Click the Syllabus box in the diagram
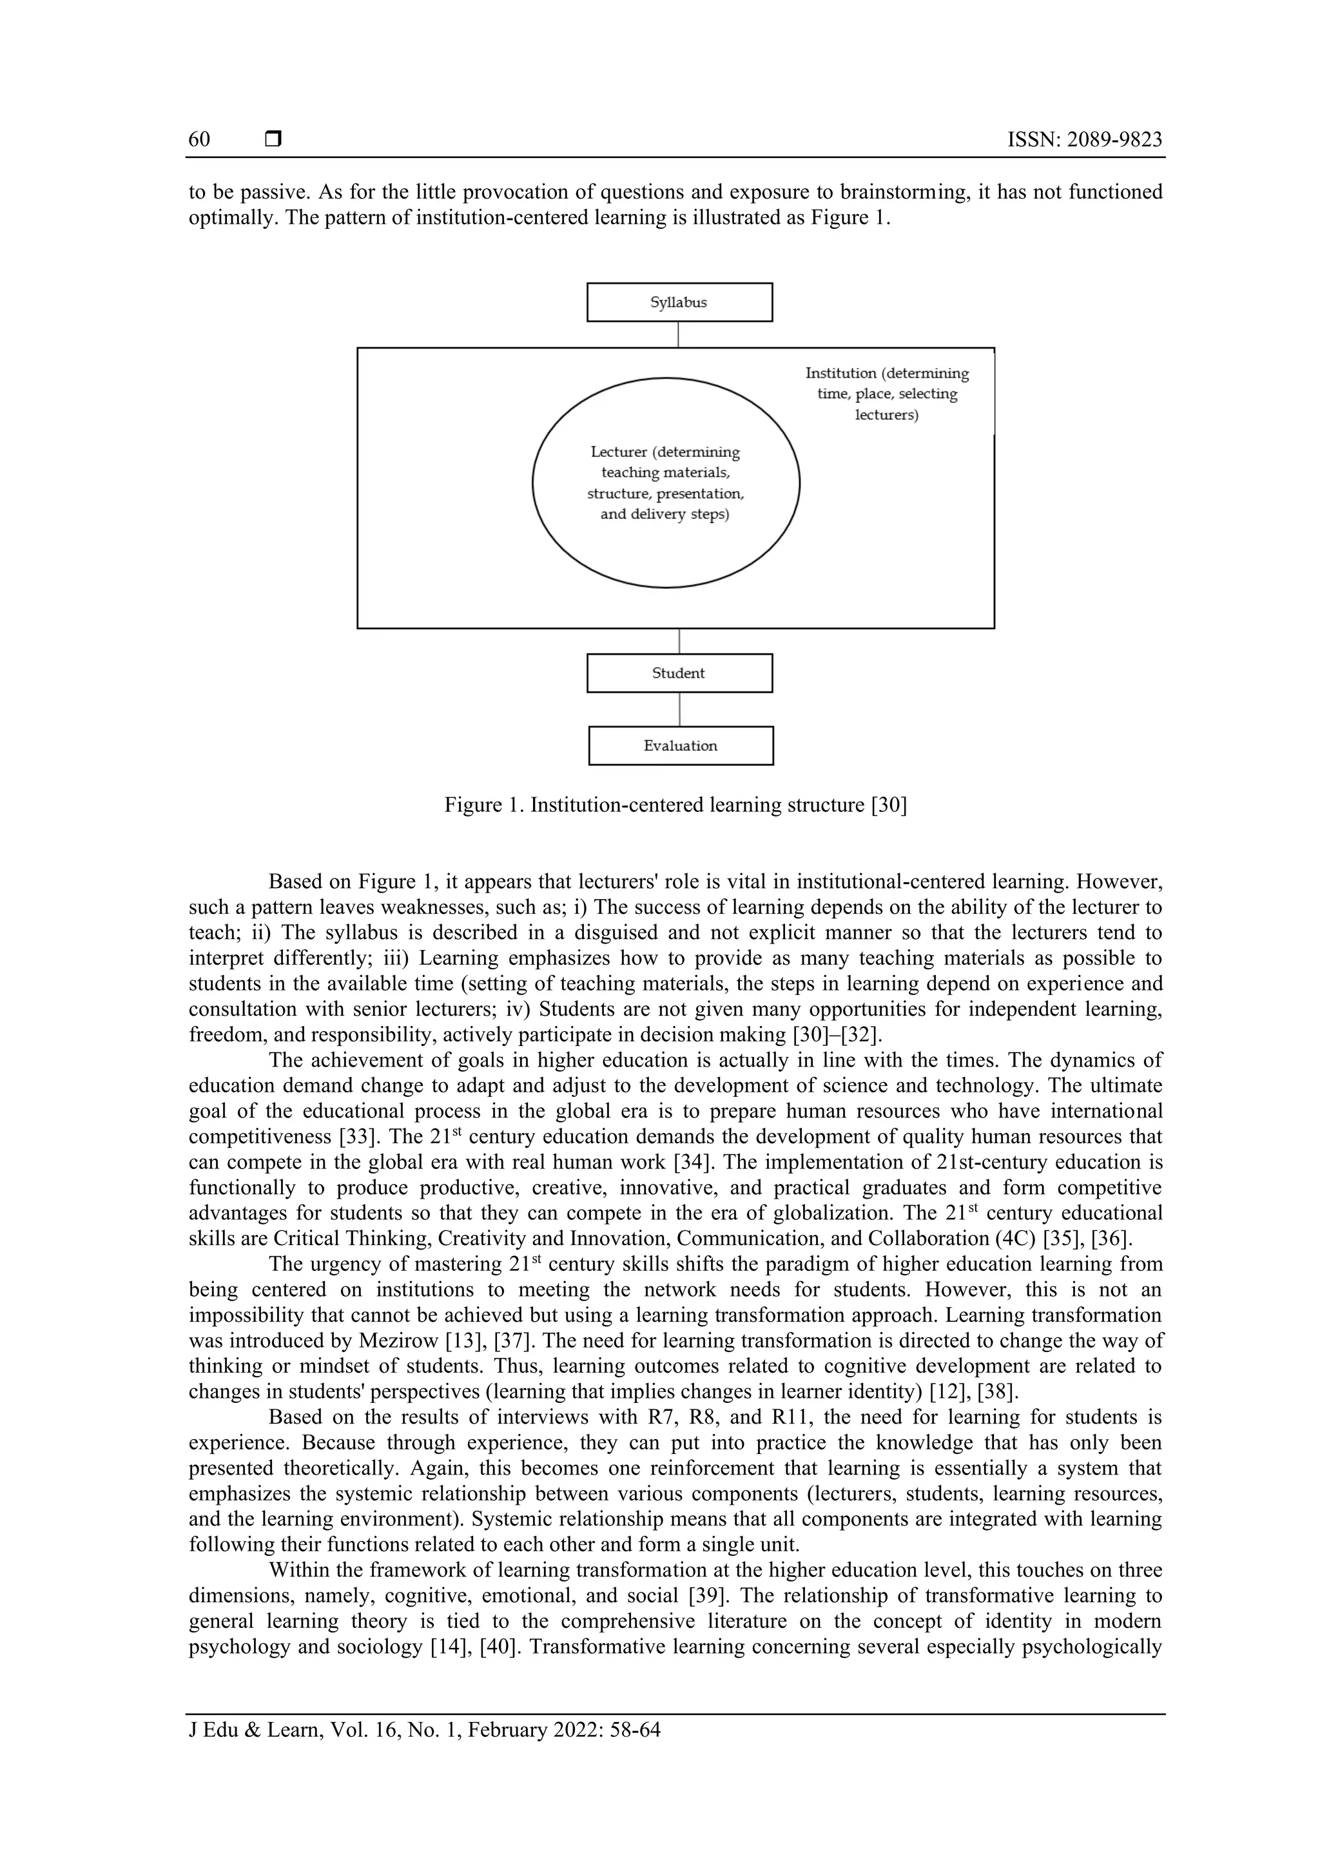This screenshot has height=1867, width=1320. click(x=679, y=302)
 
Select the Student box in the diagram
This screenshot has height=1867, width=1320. click(x=679, y=673)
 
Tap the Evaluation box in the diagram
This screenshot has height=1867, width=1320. click(x=680, y=746)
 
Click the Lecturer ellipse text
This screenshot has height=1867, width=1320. click(x=665, y=483)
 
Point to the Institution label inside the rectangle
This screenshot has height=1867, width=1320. click(x=886, y=394)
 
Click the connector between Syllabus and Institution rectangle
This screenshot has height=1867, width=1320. click(x=678, y=334)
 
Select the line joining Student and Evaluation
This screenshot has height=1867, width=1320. click(x=679, y=709)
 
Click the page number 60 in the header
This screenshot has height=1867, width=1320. click(x=199, y=140)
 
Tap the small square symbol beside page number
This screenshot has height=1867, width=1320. click(x=273, y=140)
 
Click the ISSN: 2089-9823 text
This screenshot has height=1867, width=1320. click(x=1084, y=140)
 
